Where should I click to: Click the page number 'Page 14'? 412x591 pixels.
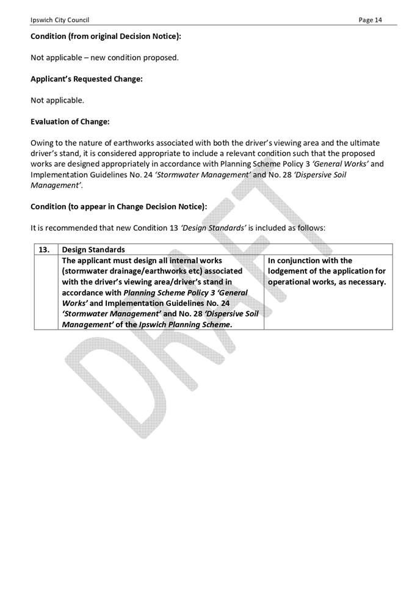point(370,20)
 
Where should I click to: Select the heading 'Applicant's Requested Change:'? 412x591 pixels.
point(87,79)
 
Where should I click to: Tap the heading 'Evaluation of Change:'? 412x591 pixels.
point(70,121)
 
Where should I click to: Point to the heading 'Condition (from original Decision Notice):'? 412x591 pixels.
point(106,37)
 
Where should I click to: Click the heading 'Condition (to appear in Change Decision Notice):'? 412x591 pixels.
point(118,206)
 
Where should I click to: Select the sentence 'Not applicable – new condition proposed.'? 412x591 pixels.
point(104,58)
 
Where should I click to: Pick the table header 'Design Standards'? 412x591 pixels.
point(93,250)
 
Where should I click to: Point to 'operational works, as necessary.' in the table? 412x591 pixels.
point(327,282)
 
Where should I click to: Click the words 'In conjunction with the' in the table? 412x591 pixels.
point(310,260)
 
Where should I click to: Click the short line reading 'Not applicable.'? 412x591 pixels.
point(57,100)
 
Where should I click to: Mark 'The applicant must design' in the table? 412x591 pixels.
point(108,260)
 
